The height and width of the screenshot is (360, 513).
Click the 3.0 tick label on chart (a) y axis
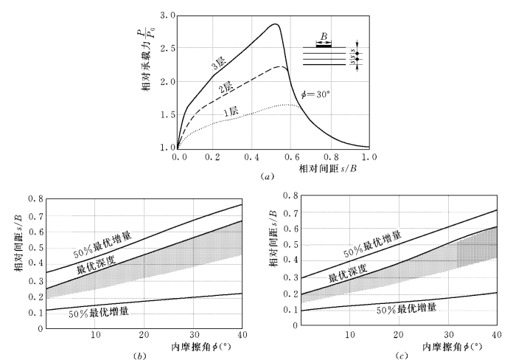(167, 15)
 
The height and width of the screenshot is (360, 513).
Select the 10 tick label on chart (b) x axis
(95, 336)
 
